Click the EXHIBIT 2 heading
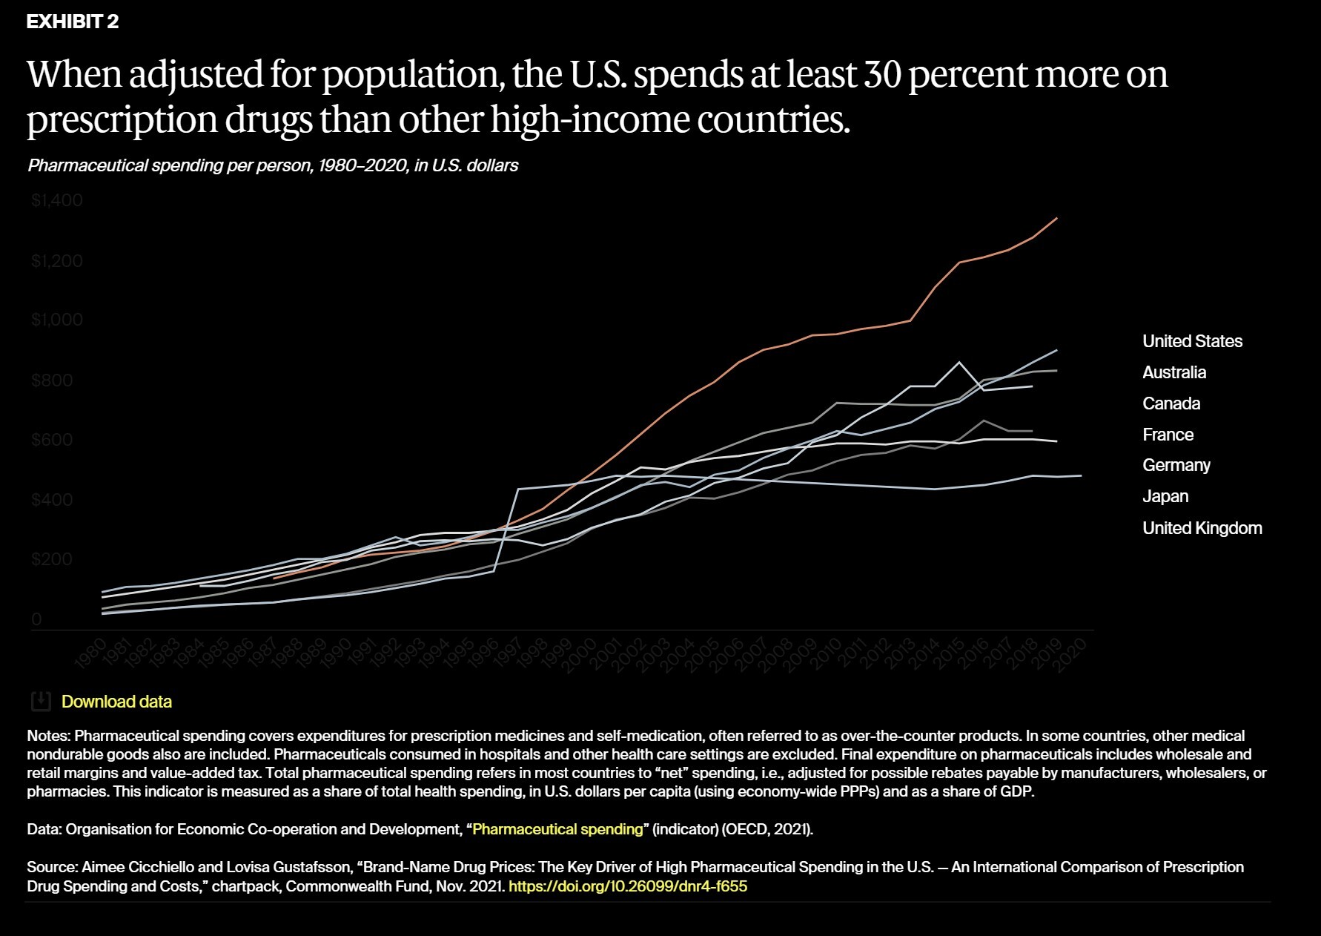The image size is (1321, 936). coord(73,22)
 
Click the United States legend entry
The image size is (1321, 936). coord(1192,341)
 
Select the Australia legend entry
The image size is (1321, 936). coord(1173,372)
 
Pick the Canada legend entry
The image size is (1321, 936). coord(1171,403)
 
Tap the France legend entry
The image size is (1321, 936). coord(1168,435)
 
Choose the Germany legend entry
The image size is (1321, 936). coord(1176,465)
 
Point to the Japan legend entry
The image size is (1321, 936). coord(1165,496)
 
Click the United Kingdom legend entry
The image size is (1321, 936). coord(1202,528)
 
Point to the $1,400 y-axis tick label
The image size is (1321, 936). coord(57,200)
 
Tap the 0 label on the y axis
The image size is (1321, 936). coord(36,619)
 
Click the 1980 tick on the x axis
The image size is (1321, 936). coord(90,653)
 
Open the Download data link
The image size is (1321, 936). coord(116,702)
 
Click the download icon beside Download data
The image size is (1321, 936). coord(41,701)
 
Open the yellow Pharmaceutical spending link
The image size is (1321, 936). coord(557,829)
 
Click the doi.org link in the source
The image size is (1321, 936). coord(627,886)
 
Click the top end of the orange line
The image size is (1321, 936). coord(1056,218)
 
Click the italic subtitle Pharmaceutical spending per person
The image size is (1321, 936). coord(273,165)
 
